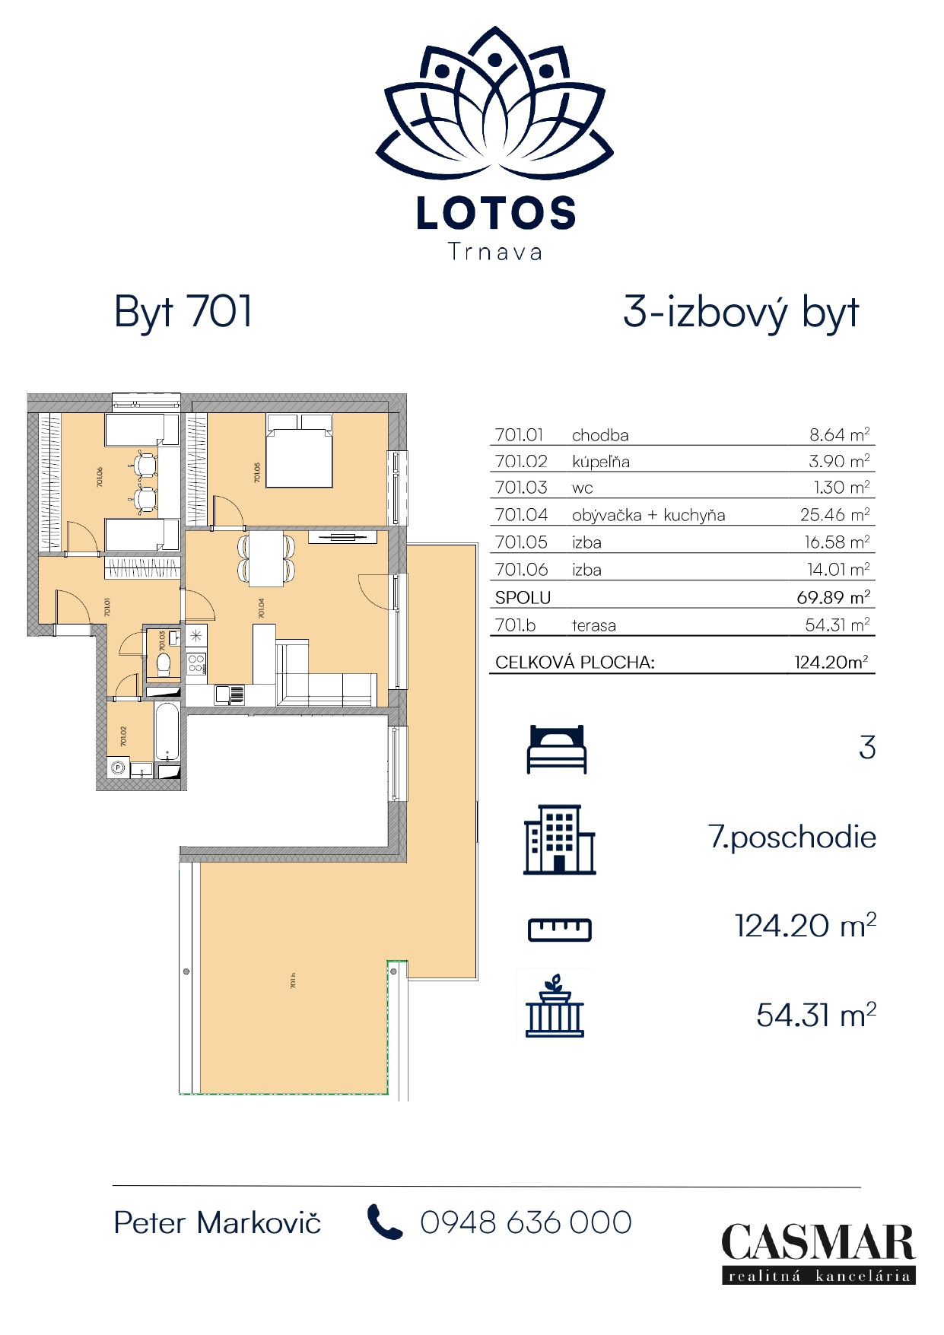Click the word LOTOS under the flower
496,214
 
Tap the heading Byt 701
183,312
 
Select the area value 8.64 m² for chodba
839,435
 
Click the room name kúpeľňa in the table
600,462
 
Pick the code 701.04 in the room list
521,515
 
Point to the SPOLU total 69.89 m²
833,597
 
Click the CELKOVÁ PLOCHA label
574,663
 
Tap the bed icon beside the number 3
557,749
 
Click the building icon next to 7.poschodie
559,840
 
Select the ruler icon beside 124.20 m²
559,929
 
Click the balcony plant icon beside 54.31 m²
555,1006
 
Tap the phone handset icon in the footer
384,1222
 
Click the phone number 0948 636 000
526,1223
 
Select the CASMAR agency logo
818,1253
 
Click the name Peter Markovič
217,1223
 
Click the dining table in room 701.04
266,558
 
